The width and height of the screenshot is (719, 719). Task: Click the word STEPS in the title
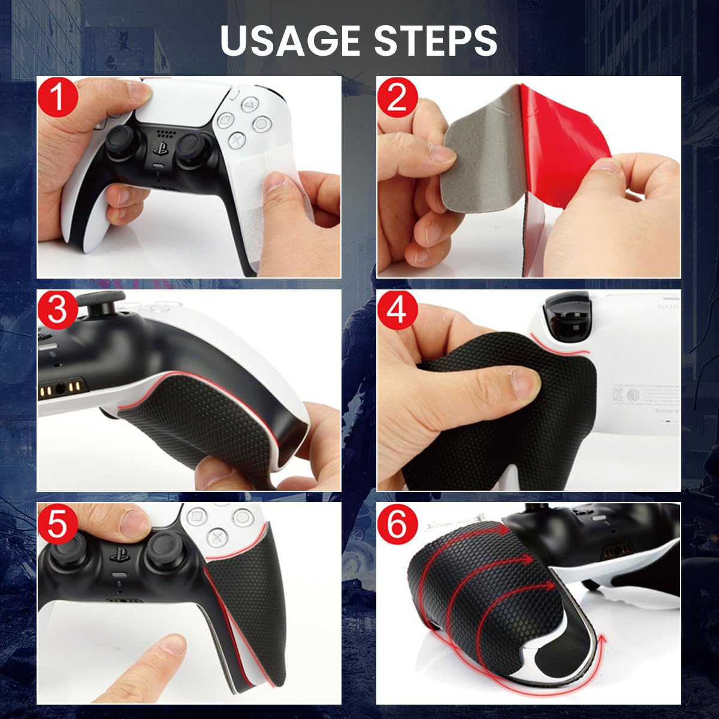click(x=436, y=40)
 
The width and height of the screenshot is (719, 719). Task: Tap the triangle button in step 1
click(x=246, y=105)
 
